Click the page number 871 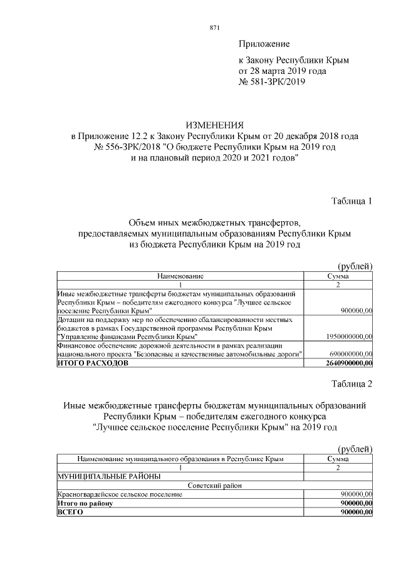click(214, 27)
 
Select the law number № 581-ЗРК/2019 click(272, 81)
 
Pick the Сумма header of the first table click(338, 276)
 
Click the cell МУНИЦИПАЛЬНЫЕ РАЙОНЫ click(108, 476)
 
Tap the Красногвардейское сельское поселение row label click(120, 494)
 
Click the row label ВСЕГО click(70, 512)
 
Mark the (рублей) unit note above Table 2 click(355, 449)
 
